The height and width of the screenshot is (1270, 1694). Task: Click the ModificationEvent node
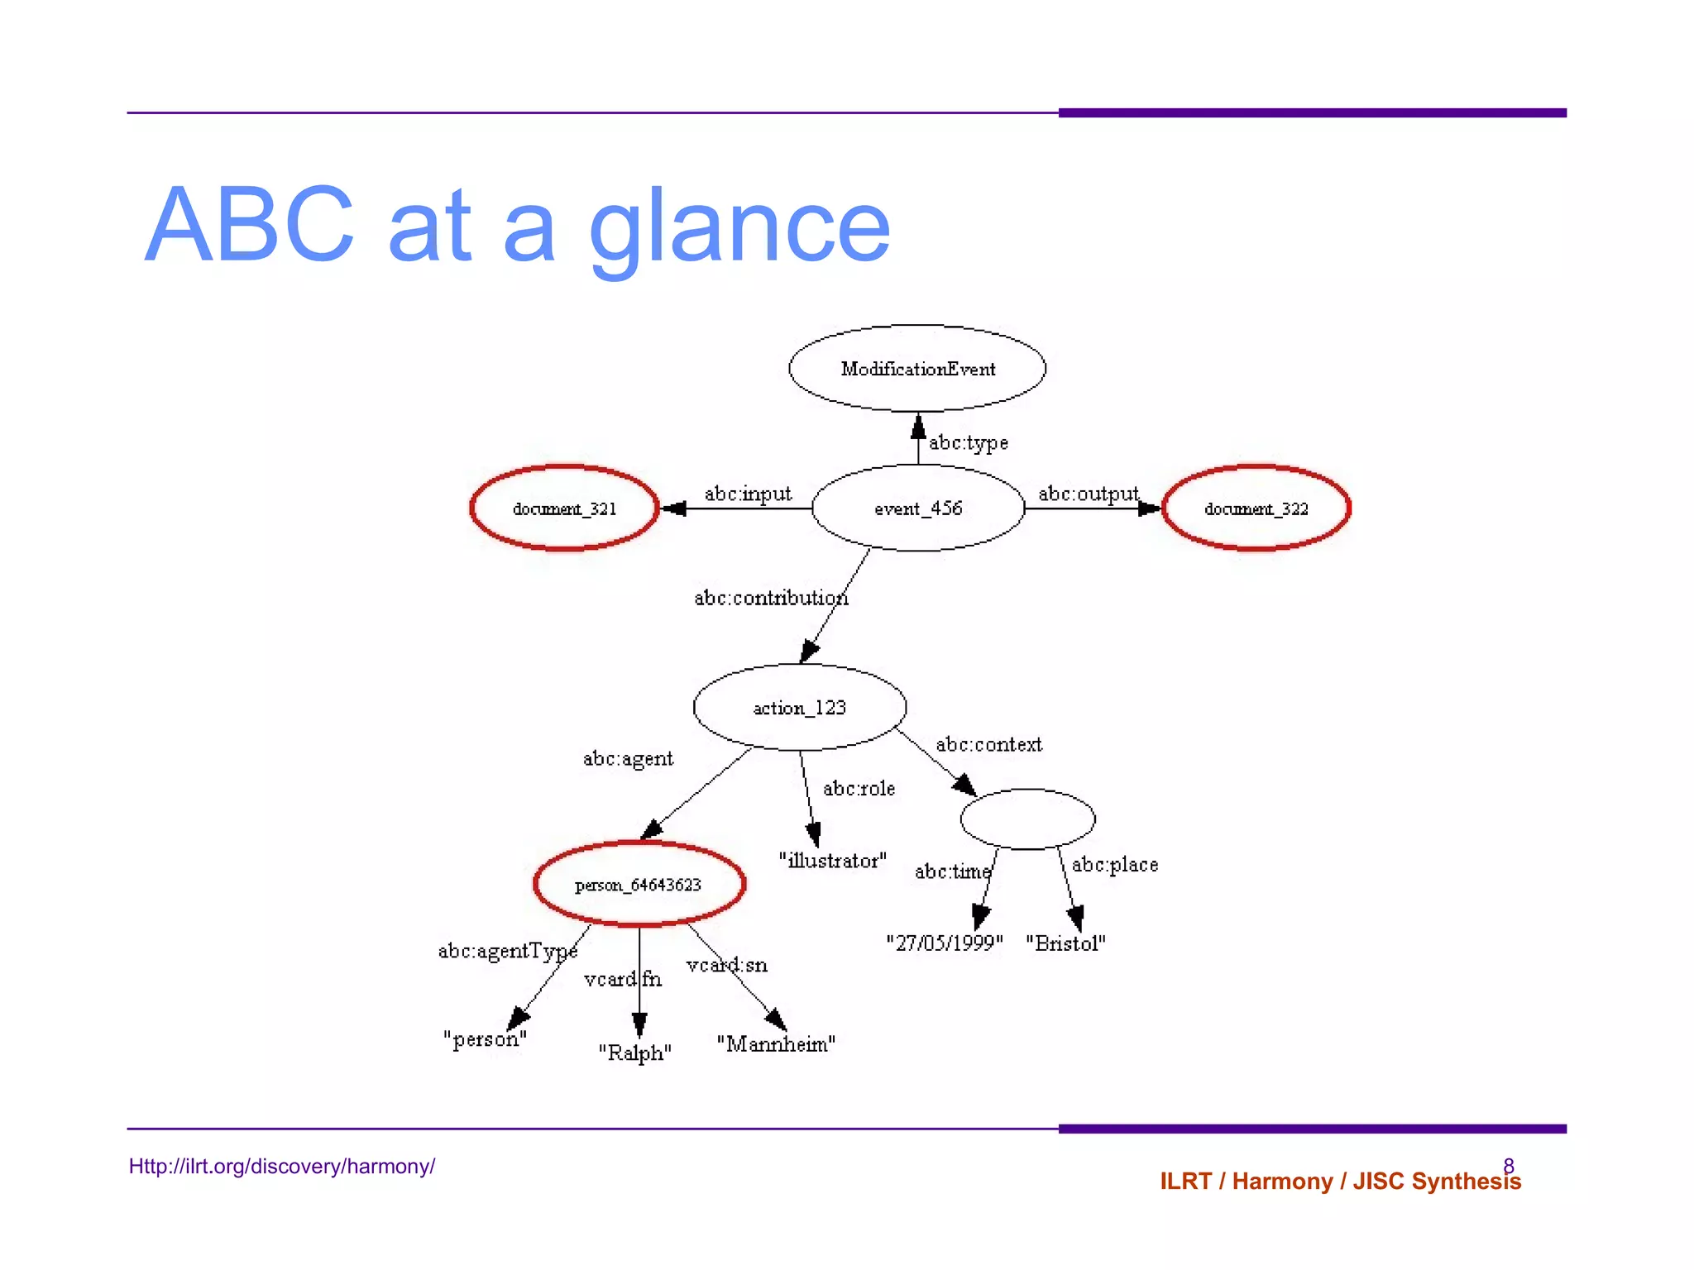click(x=917, y=369)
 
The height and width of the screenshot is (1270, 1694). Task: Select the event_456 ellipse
click(x=918, y=508)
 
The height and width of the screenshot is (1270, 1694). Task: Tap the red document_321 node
click(x=564, y=508)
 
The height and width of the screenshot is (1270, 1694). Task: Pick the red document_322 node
click(x=1256, y=508)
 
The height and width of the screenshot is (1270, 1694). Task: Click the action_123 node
click(x=799, y=708)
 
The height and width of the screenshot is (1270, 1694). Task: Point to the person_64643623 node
click(x=639, y=885)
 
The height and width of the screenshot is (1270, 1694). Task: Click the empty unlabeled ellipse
click(x=1027, y=819)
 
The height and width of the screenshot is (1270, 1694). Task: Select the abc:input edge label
click(x=748, y=494)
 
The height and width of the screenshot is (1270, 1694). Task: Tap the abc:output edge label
click(x=1089, y=494)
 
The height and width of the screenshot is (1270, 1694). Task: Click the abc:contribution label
click(x=771, y=598)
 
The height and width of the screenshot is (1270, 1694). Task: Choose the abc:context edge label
click(x=988, y=744)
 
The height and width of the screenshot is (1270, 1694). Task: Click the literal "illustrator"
click(x=832, y=861)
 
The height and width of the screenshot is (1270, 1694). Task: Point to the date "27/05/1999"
click(x=944, y=943)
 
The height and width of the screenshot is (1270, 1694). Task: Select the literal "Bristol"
click(x=1065, y=943)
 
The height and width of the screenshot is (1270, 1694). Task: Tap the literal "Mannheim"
click(x=776, y=1044)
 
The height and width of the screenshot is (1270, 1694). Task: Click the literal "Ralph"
click(x=634, y=1053)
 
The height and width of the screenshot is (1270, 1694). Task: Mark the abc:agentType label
click(x=507, y=952)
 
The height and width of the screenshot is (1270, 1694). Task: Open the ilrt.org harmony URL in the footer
click(x=281, y=1167)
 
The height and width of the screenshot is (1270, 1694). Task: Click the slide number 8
click(x=1509, y=1165)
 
